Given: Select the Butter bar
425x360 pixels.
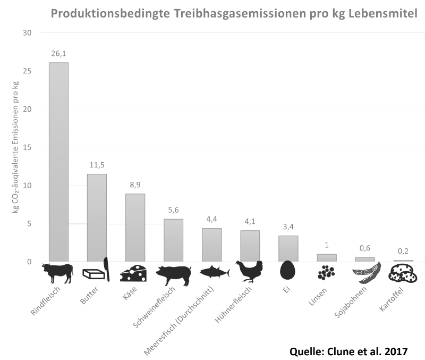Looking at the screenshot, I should pyautogui.click(x=97, y=217).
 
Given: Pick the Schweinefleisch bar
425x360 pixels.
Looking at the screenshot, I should pyautogui.click(x=173, y=240).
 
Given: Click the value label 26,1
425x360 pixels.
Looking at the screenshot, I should pyautogui.click(x=58, y=54).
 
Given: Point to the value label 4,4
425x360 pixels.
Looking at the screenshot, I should pyautogui.click(x=211, y=220).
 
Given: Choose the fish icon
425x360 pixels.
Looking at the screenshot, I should pyautogui.click(x=215, y=272).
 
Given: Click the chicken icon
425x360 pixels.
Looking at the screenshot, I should pyautogui.click(x=250, y=271).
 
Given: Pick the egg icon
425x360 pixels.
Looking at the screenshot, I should pyautogui.click(x=287, y=271).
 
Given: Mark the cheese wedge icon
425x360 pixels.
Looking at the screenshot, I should pyautogui.click(x=134, y=273).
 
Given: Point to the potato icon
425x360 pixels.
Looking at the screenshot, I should pyautogui.click(x=403, y=273).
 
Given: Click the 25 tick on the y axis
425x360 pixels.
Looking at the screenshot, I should pyautogui.click(x=28, y=71).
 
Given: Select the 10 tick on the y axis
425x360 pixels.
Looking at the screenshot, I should pyautogui.click(x=28, y=186).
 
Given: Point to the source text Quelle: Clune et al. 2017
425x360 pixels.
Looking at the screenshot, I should pyautogui.click(x=350, y=351).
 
